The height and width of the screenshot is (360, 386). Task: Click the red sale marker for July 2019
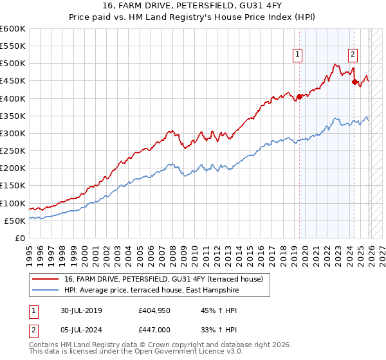[299, 97]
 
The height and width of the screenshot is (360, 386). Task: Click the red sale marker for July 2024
[354, 82]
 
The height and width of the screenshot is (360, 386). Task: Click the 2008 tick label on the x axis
[174, 253]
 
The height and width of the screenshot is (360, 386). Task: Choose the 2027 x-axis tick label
[381, 253]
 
